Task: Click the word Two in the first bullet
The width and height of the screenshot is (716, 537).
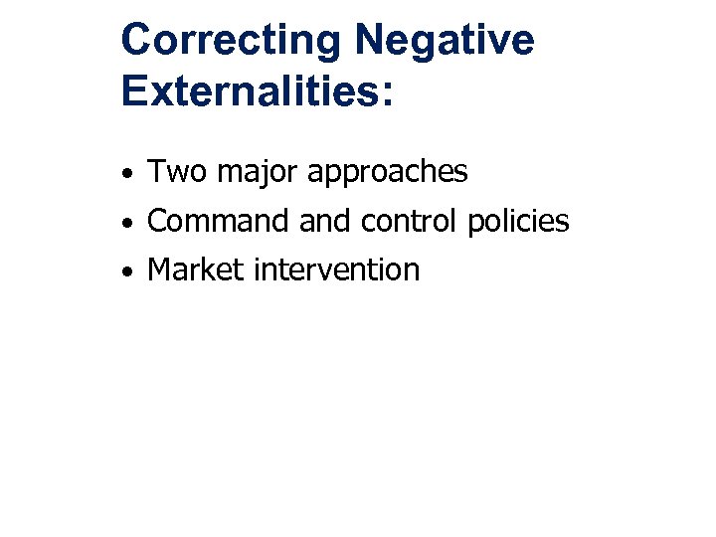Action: [x=177, y=172]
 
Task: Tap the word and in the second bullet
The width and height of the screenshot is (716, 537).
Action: [x=325, y=221]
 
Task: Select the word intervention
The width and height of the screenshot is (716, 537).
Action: [x=338, y=269]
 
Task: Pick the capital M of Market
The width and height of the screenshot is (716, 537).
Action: [x=159, y=269]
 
